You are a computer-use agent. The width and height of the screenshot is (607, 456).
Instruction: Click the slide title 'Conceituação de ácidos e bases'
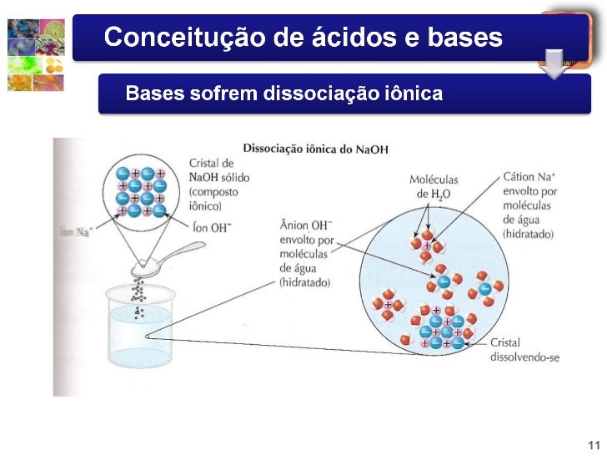click(303, 38)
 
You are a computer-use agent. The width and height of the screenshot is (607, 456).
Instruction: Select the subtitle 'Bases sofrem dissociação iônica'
click(283, 93)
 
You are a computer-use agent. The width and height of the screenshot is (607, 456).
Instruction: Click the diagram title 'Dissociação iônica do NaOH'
click(315, 149)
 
